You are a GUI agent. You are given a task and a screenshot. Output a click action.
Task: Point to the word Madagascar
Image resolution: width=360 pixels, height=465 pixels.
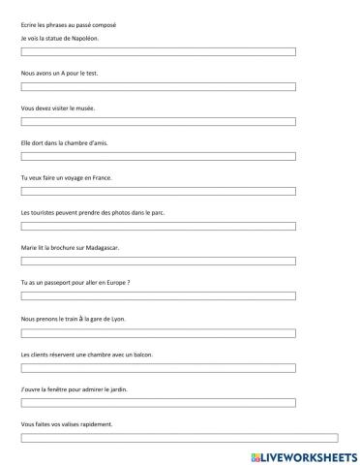(103, 247)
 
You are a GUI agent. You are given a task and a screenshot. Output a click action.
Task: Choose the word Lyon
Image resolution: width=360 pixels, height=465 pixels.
(117, 319)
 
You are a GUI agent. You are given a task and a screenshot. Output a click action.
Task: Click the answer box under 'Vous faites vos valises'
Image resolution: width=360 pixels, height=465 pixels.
(179, 437)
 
